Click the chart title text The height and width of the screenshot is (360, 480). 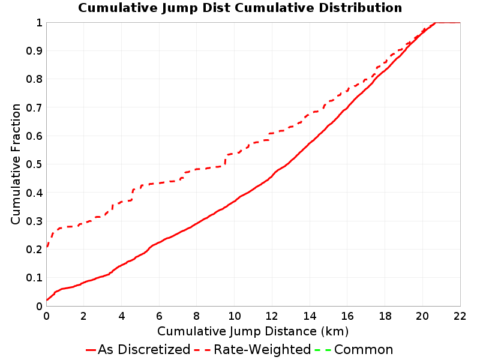240,8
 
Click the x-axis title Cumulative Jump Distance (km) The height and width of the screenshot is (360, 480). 253,331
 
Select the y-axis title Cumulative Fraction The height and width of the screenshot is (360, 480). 16,164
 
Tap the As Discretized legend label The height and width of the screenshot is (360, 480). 144,349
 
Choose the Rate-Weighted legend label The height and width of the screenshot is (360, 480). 262,349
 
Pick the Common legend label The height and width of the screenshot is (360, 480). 364,349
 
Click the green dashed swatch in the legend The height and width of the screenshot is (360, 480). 323,350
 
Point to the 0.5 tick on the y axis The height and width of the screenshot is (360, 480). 34,164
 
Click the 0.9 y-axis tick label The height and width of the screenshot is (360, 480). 34,50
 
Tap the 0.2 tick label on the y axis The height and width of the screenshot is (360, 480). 34,249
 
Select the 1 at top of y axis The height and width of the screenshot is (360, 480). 39,22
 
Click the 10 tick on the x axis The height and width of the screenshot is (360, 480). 235,316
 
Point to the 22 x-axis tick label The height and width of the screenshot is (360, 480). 460,316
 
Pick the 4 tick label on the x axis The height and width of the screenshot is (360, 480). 122,316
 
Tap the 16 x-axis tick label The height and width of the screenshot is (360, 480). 347,316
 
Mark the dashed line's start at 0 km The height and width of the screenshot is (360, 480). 47,247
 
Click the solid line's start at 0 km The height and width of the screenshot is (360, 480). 47,299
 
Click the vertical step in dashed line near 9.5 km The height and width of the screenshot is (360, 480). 226,160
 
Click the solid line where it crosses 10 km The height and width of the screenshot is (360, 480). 235,202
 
